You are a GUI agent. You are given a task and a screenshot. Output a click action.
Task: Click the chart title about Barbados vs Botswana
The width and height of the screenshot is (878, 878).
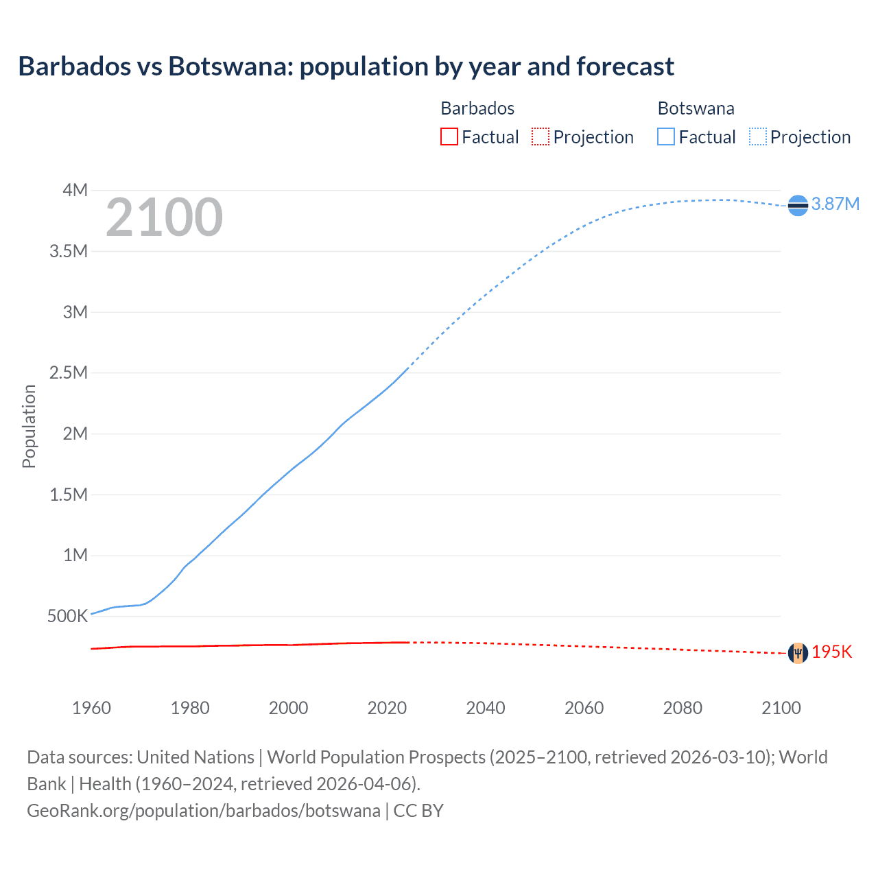pyautogui.click(x=346, y=67)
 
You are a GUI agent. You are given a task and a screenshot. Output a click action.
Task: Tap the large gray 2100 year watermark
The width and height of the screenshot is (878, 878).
pyautogui.click(x=164, y=217)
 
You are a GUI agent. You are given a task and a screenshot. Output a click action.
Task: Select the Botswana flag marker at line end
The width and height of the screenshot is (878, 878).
pyautogui.click(x=798, y=205)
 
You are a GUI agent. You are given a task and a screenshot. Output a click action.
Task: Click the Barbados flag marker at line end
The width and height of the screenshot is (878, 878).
pyautogui.click(x=798, y=653)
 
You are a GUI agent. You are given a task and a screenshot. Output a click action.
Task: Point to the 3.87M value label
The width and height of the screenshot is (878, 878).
pyautogui.click(x=835, y=204)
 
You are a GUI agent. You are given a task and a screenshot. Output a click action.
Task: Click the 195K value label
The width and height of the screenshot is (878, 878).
pyautogui.click(x=831, y=652)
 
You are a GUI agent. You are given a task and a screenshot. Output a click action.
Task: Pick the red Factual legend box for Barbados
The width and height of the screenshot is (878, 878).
pyautogui.click(x=449, y=137)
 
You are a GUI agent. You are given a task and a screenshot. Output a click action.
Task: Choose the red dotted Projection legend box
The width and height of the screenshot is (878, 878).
pyautogui.click(x=541, y=137)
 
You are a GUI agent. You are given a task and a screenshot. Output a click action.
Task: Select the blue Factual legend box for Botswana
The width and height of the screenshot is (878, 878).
pyautogui.click(x=666, y=137)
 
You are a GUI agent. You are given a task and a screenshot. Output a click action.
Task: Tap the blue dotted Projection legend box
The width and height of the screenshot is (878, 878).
pyautogui.click(x=758, y=137)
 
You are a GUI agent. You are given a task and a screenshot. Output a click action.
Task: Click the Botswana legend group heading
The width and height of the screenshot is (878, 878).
pyautogui.click(x=696, y=108)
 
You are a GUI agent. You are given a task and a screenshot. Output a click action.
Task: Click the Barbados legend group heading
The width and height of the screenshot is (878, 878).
pyautogui.click(x=477, y=108)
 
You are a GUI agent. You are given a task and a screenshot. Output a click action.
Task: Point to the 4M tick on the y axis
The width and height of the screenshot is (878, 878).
pyautogui.click(x=75, y=190)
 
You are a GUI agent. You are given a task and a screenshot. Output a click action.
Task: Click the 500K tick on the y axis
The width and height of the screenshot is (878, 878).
pyautogui.click(x=67, y=616)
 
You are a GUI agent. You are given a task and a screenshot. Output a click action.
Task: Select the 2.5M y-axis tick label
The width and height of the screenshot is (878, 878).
pyautogui.click(x=69, y=372)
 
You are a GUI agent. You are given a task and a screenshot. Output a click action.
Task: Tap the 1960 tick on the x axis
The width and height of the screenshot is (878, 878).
pyautogui.click(x=91, y=708)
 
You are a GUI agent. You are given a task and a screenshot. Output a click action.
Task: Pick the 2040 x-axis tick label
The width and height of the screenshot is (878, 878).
pyautogui.click(x=486, y=708)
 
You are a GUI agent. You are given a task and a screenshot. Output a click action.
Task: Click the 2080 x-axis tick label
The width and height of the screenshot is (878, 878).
pyautogui.click(x=683, y=708)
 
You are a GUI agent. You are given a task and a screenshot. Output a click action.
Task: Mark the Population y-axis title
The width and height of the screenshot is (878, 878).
pyautogui.click(x=29, y=426)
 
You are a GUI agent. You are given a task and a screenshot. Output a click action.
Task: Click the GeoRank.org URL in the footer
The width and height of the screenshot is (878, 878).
pyautogui.click(x=203, y=811)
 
